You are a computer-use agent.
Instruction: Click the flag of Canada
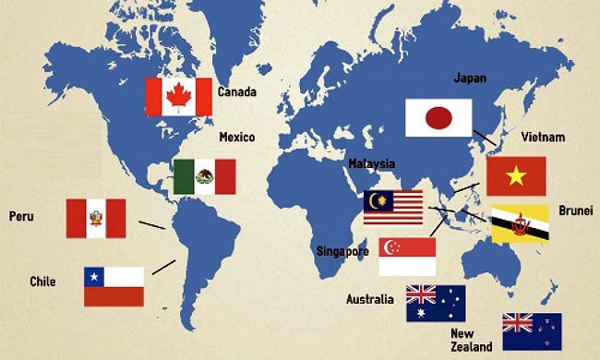178,97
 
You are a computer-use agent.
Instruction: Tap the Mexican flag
204,176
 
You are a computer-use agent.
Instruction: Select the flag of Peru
95,218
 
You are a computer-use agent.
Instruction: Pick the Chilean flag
114,286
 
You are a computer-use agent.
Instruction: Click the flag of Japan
438,118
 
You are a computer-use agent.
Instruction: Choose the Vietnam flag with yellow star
516,175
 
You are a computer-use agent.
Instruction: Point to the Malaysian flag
392,207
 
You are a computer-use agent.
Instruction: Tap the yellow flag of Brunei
519,224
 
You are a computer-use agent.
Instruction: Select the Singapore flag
407,256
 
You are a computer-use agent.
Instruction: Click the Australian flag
436,303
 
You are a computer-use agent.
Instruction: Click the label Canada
236,92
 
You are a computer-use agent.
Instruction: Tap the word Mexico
236,138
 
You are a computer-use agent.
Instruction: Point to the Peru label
21,216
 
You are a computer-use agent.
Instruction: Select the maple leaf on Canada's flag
178,97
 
